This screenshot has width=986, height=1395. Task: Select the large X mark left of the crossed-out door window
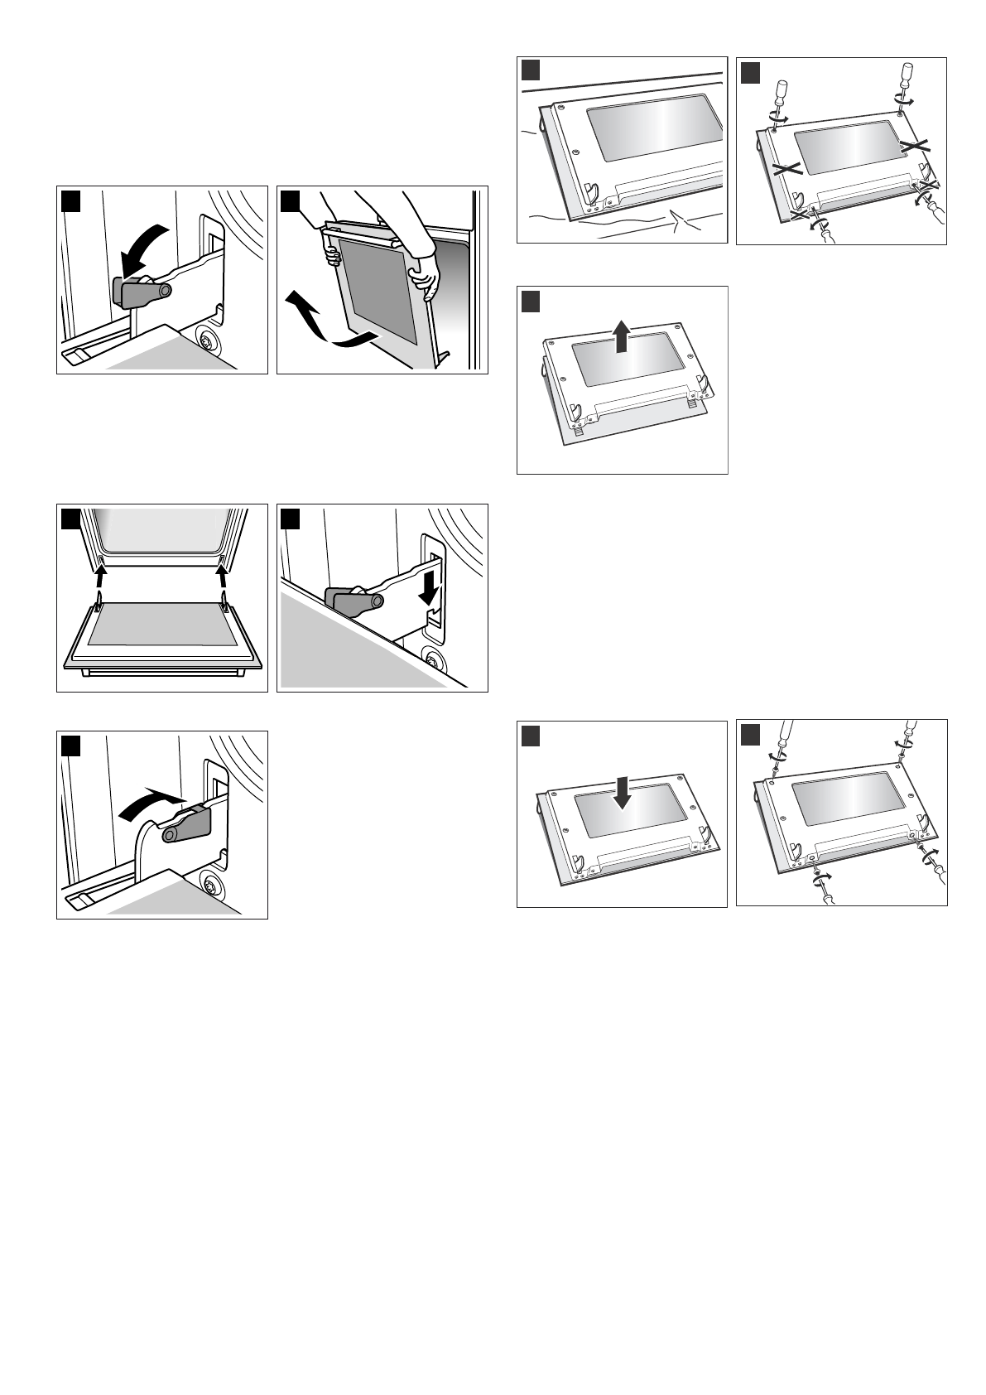[x=785, y=169]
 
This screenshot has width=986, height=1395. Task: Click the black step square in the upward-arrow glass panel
[x=530, y=300]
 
